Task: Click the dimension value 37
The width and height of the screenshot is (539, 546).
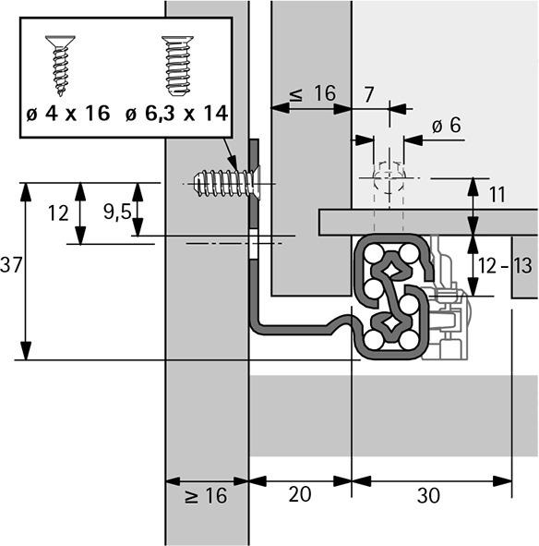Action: pyautogui.click(x=11, y=265)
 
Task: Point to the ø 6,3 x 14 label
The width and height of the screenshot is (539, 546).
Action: pyautogui.click(x=176, y=114)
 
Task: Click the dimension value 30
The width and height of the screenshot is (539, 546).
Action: pyautogui.click(x=427, y=496)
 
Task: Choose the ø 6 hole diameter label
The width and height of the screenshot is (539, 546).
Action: pyautogui.click(x=447, y=125)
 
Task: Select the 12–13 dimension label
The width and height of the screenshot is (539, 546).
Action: pyautogui.click(x=509, y=266)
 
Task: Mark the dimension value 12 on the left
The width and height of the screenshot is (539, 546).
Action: pyautogui.click(x=58, y=212)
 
